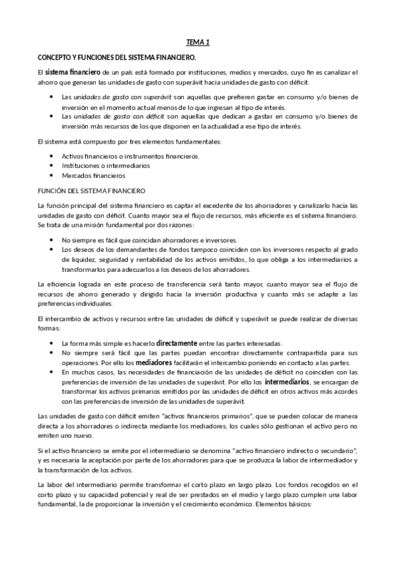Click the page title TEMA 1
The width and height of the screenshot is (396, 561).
(198, 42)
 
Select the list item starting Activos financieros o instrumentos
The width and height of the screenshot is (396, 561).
(129, 155)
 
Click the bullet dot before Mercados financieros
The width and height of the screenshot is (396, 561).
(52, 175)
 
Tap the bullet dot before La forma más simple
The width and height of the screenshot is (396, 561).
(52, 344)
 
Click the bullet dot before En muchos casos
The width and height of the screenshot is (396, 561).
(52, 373)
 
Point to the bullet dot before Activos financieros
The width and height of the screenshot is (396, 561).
(52, 155)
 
